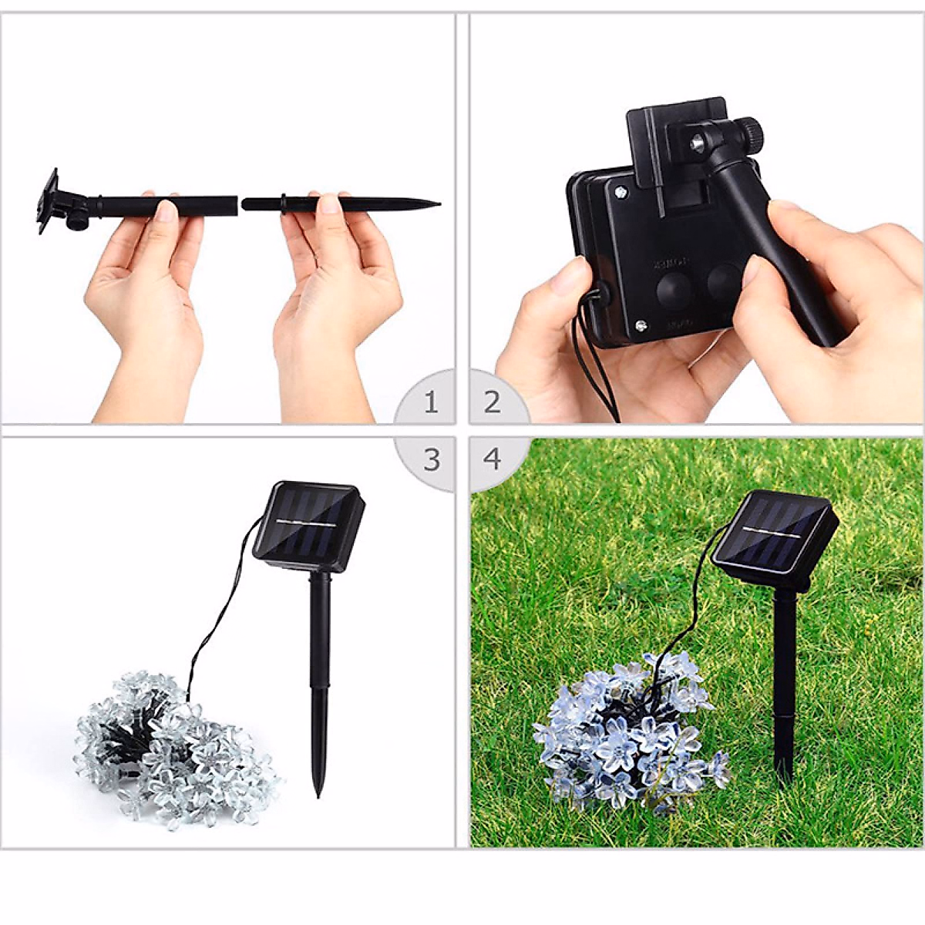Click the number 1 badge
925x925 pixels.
coord(430,402)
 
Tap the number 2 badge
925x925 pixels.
coord(492,402)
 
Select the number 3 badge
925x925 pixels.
coord(431,460)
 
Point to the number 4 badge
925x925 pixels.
coord(492,459)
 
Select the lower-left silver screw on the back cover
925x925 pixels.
coord(639,326)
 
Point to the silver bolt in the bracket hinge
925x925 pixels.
coord(698,141)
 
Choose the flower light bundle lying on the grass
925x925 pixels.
coord(628,732)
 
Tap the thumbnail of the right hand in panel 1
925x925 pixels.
coord(329,203)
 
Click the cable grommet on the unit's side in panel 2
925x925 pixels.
coord(599,294)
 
